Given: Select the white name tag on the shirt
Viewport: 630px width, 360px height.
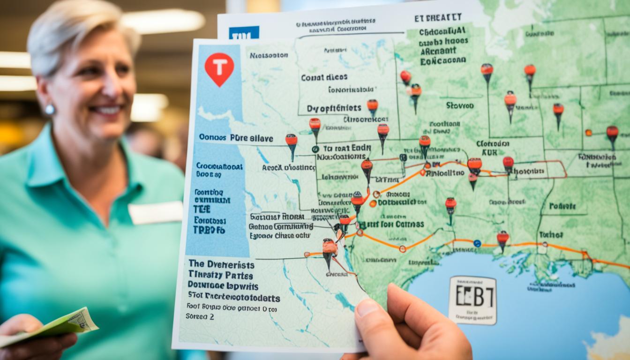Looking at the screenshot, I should (x=155, y=212).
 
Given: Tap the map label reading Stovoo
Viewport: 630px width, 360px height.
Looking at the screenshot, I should (x=459, y=105).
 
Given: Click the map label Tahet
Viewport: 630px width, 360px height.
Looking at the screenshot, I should (x=550, y=234).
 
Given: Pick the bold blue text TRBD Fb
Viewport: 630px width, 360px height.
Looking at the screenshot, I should (x=209, y=230).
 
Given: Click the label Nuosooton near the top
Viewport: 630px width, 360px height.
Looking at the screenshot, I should (x=269, y=55).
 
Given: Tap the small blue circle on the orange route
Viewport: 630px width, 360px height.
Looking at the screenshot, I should (x=477, y=243).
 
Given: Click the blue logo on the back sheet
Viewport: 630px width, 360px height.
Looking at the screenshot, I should (x=244, y=33).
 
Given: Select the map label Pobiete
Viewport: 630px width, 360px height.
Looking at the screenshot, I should (x=562, y=206).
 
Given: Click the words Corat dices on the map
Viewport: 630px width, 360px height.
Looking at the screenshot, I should (x=324, y=77).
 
